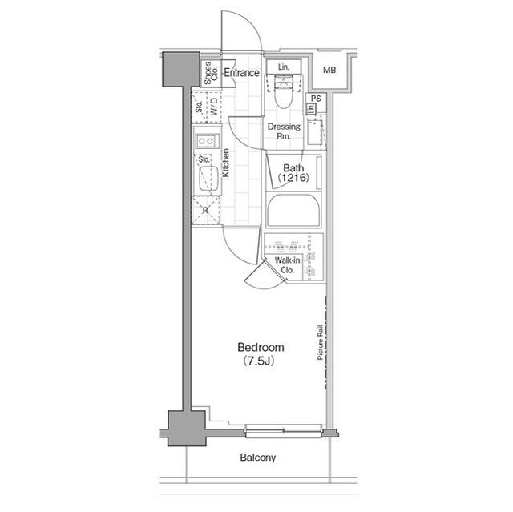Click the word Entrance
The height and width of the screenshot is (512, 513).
[x=241, y=73]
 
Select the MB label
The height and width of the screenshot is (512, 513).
[x=329, y=71]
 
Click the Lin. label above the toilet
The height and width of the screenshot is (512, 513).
[x=284, y=67]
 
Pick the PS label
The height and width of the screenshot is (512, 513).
[x=316, y=99]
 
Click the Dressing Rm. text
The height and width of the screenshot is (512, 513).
[x=284, y=131]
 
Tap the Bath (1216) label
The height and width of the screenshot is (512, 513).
[x=293, y=171]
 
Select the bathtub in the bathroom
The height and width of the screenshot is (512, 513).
[x=293, y=212]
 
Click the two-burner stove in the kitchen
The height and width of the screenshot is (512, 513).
[x=204, y=142]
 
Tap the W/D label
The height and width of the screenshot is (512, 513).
[x=213, y=105]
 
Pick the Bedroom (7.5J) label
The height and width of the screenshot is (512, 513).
[x=261, y=353]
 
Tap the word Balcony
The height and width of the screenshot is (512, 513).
[x=258, y=458]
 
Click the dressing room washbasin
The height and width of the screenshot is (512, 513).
[x=317, y=128]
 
